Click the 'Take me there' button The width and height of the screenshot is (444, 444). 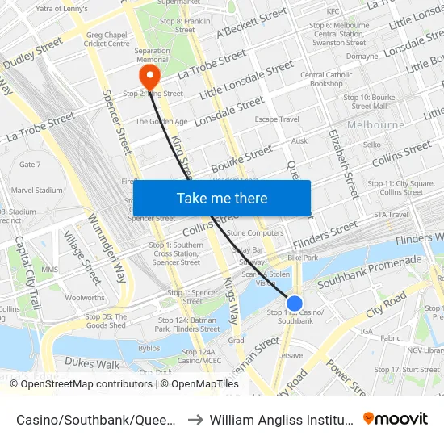[221, 199]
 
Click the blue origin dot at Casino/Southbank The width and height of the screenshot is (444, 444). [295, 304]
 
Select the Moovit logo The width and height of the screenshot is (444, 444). [395, 418]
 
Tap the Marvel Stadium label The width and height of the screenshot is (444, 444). [37, 191]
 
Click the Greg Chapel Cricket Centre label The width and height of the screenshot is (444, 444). [107, 39]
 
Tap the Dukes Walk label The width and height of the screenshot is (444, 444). [92, 363]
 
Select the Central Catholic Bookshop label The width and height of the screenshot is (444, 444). [326, 79]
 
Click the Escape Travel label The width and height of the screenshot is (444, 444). [277, 119]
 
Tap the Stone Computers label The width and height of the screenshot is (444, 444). [255, 232]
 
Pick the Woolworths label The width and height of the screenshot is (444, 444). [84, 298]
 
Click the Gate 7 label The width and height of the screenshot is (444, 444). [30, 165]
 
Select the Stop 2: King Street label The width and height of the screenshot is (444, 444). [153, 94]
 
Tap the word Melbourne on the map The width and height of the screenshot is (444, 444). [375, 125]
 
